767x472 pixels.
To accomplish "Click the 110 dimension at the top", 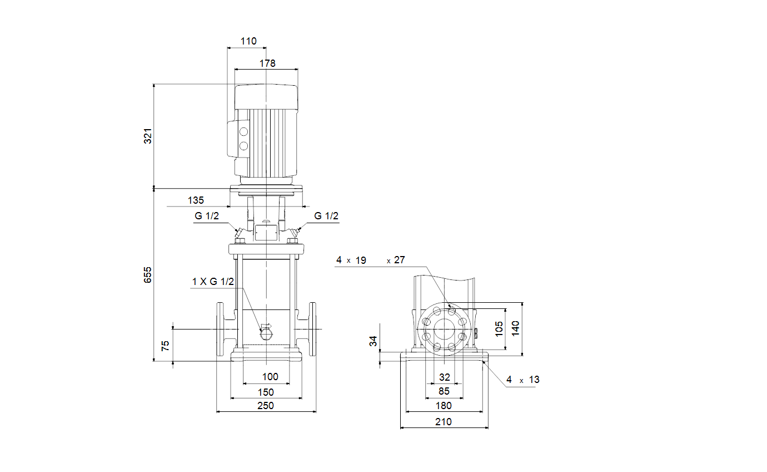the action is [x=248, y=41].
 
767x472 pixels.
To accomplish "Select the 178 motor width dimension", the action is [x=267, y=63].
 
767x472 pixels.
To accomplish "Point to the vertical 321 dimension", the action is [x=148, y=136].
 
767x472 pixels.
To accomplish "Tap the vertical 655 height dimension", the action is [x=148, y=275].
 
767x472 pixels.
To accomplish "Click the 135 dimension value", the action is [x=196, y=200].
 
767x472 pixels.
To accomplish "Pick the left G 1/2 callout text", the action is [x=206, y=216].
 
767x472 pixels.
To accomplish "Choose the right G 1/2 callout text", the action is [x=326, y=216].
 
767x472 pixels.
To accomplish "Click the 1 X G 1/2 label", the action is [x=213, y=282].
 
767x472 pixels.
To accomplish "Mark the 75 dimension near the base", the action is [x=166, y=346].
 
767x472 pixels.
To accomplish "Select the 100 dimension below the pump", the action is [x=270, y=377].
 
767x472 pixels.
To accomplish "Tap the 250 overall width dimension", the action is [x=265, y=406].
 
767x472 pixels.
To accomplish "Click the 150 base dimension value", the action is [x=266, y=392].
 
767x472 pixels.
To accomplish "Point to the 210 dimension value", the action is [x=444, y=422].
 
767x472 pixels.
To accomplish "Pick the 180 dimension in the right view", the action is [x=444, y=406].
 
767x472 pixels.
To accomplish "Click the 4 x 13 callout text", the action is [x=523, y=380].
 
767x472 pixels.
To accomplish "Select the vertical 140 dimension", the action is [x=515, y=328].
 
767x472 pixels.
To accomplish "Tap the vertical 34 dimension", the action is [x=373, y=341].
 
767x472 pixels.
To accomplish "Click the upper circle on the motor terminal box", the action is [x=243, y=132].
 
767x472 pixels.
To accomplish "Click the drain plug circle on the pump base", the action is [x=266, y=335].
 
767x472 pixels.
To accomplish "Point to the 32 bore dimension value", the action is [x=445, y=377].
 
